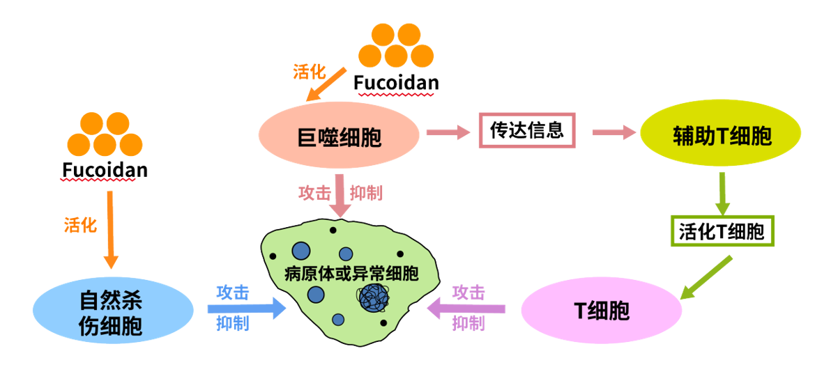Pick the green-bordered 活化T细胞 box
coord(722,231)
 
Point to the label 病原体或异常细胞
coord(351,273)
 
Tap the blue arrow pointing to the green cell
coord(247,307)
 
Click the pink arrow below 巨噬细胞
coord(342,195)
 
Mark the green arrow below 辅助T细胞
coord(723,194)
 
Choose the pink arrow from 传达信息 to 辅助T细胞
coord(614,132)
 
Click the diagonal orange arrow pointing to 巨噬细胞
coord(328,84)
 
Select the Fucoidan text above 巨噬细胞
coord(396,83)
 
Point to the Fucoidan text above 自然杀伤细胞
coord(105,170)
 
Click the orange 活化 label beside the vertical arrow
coord(80,224)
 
